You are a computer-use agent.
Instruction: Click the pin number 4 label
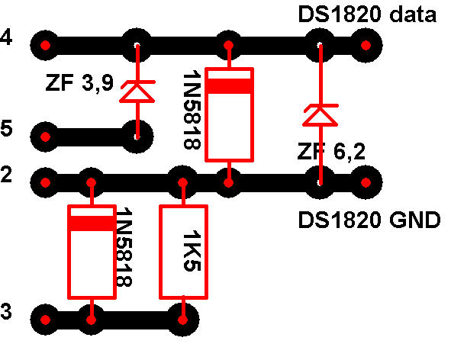click(6, 37)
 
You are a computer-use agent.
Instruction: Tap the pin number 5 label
click(6, 128)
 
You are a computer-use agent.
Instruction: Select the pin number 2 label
click(6, 174)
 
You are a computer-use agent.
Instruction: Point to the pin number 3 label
click(6, 311)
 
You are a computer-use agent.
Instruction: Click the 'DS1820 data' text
click(367, 14)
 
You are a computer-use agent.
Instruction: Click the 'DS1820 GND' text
click(369, 220)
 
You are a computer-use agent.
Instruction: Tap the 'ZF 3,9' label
click(79, 83)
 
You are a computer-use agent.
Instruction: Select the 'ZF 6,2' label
click(331, 151)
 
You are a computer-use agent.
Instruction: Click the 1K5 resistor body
click(183, 252)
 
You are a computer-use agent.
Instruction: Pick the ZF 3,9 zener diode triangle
click(137, 93)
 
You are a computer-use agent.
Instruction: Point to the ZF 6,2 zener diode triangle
click(321, 117)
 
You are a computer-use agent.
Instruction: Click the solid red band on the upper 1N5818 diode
click(229, 86)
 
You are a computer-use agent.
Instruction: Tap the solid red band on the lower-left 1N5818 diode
click(92, 223)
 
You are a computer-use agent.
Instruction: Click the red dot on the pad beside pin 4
click(45, 45)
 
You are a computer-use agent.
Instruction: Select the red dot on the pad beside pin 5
click(45, 137)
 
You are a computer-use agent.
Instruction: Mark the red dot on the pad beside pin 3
click(45, 320)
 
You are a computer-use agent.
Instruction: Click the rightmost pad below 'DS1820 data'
click(366, 45)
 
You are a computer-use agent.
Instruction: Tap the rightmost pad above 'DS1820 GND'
click(366, 182)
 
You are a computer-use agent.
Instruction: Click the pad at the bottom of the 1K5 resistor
click(183, 320)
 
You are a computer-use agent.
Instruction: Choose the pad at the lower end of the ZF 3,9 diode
click(137, 137)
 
